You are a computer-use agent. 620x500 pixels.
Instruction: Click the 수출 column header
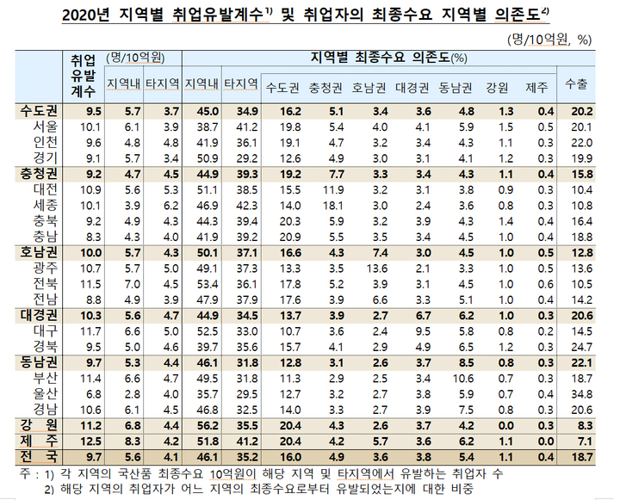coord(576,84)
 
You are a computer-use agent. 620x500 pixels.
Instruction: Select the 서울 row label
coord(46,127)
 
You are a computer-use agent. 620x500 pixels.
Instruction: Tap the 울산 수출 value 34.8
coord(581,394)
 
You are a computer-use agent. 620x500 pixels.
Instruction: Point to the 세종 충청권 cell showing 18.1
coord(333,206)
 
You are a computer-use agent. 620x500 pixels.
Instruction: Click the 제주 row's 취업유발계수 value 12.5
coord(90,441)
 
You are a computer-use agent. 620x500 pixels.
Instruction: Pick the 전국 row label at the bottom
coord(39,457)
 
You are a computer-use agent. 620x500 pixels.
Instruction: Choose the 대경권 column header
coord(412,88)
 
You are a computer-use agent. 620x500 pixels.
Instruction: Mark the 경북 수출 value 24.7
coord(581,348)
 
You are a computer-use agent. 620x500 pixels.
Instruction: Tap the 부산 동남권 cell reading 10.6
coord(463,379)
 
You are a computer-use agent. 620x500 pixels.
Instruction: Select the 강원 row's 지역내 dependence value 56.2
coord(208,426)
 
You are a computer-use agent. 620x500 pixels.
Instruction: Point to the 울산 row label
coord(46,394)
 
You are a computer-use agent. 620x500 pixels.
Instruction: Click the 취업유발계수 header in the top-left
coord(83,77)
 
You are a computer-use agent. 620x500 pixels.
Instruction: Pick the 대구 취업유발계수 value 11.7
coord(90,331)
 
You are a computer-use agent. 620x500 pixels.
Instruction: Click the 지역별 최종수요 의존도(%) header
coord(389,58)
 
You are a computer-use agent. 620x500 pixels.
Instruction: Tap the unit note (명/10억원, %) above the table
coord(549,40)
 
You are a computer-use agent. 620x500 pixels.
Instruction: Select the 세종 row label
coord(46,206)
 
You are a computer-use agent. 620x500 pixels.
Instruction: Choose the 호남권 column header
coord(369,88)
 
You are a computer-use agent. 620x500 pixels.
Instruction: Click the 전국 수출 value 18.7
coord(581,457)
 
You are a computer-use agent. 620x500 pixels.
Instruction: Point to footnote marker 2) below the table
coord(48,490)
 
